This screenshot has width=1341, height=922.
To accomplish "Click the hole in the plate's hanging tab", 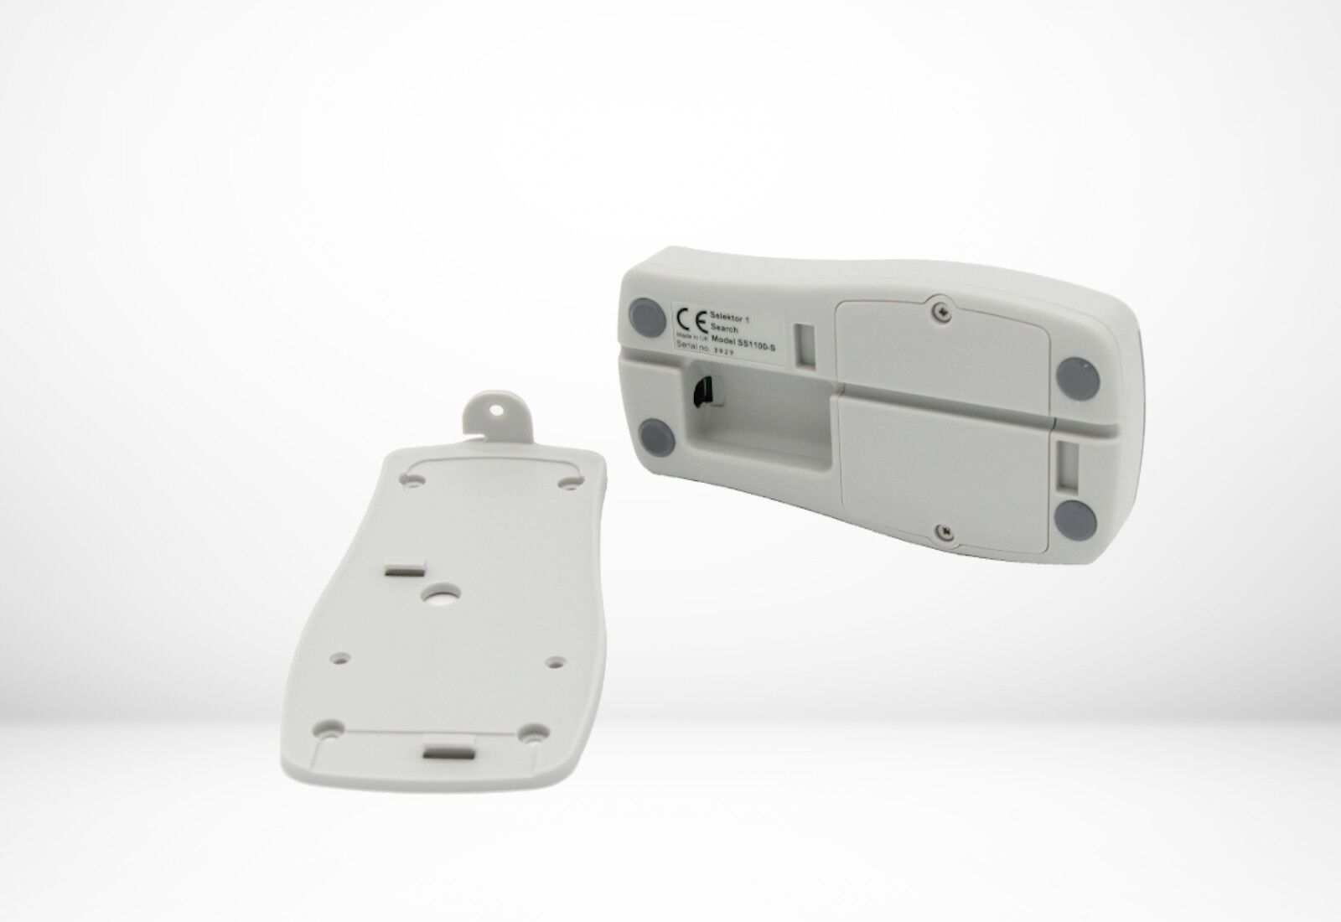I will (x=500, y=411).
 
